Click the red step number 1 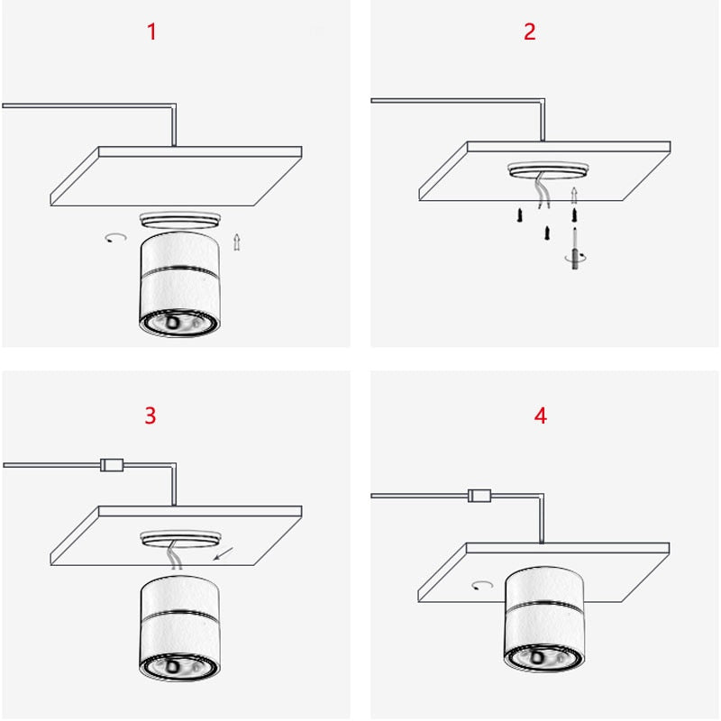pos(151,32)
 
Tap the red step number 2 pos(530,32)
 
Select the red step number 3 pos(151,415)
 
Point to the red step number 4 pos(541,415)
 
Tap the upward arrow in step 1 pos(237,242)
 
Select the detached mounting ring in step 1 pos(179,218)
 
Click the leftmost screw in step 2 pos(520,215)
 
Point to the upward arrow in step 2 pos(574,195)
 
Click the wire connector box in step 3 pos(110,465)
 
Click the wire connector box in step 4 pos(479,494)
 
